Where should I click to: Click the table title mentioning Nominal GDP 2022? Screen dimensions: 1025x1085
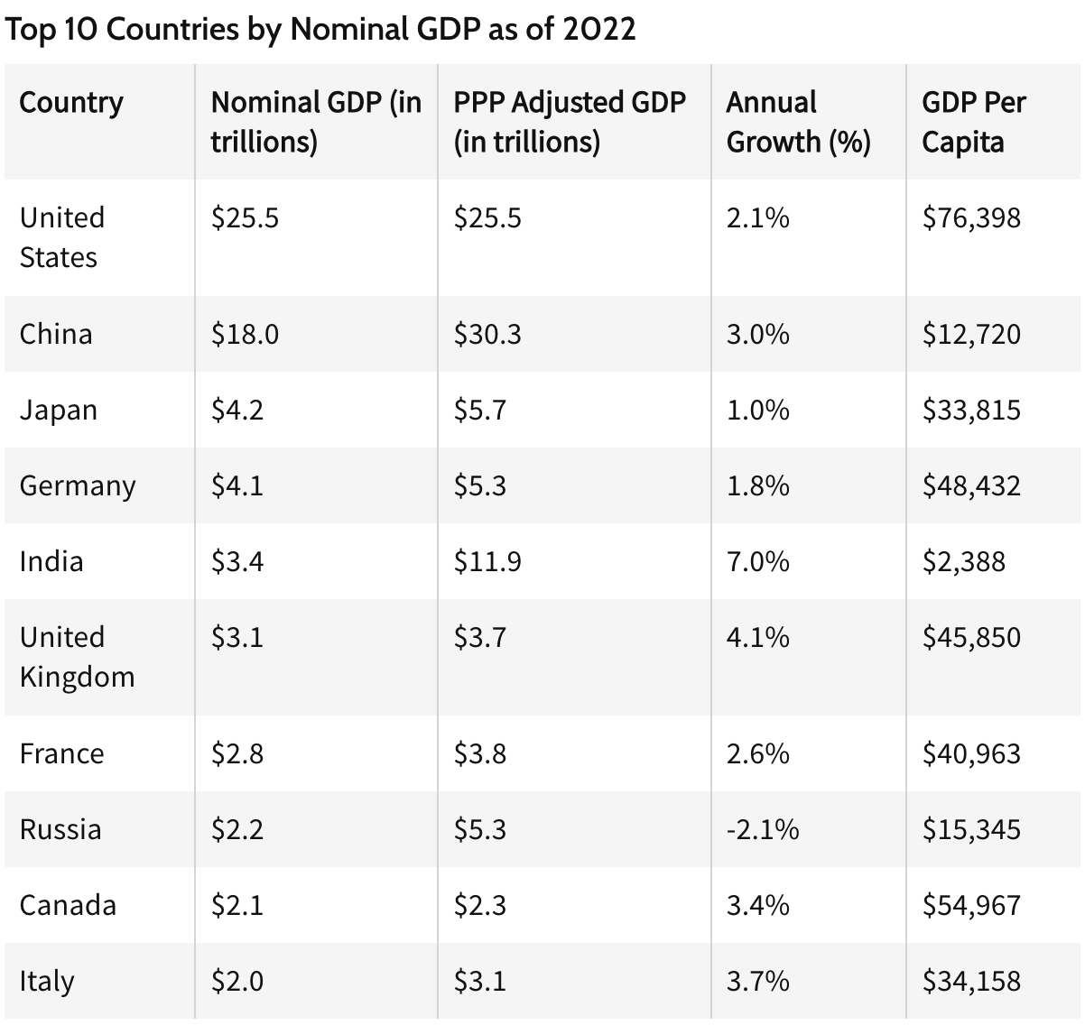pyautogui.click(x=320, y=29)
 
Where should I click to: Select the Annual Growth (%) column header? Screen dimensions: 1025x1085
pyautogui.click(x=798, y=122)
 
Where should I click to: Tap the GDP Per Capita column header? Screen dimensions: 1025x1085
pyautogui.click(x=973, y=122)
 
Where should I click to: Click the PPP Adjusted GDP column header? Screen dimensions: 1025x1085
pyautogui.click(x=570, y=122)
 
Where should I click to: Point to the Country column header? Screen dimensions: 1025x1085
pyautogui.click(x=71, y=102)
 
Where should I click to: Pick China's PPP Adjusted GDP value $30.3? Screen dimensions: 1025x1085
pyautogui.click(x=487, y=335)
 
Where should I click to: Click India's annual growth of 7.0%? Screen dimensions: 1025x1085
pyautogui.click(x=757, y=562)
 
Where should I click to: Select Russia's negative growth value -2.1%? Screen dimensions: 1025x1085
pyautogui.click(x=762, y=829)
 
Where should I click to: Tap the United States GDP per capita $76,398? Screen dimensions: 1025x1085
pyautogui.click(x=971, y=218)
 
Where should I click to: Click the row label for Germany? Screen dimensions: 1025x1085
pyautogui.click(x=78, y=486)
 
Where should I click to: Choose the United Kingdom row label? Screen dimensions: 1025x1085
pyautogui.click(x=77, y=657)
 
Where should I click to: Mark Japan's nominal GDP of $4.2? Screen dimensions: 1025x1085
pyautogui.click(x=237, y=411)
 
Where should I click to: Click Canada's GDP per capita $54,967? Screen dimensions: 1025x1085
pyautogui.click(x=971, y=905)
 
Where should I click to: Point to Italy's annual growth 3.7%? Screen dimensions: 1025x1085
pyautogui.click(x=757, y=981)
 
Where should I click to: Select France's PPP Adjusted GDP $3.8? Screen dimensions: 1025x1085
pyautogui.click(x=480, y=753)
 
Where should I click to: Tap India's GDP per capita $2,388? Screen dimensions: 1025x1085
pyautogui.click(x=963, y=562)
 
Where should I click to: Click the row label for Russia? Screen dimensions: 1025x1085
pyautogui.click(x=60, y=829)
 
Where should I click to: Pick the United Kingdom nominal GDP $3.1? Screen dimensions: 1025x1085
pyautogui.click(x=237, y=638)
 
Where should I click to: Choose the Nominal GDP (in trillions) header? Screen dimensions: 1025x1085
pyautogui.click(x=316, y=122)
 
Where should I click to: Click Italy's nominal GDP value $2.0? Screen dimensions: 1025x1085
pyautogui.click(x=237, y=981)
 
